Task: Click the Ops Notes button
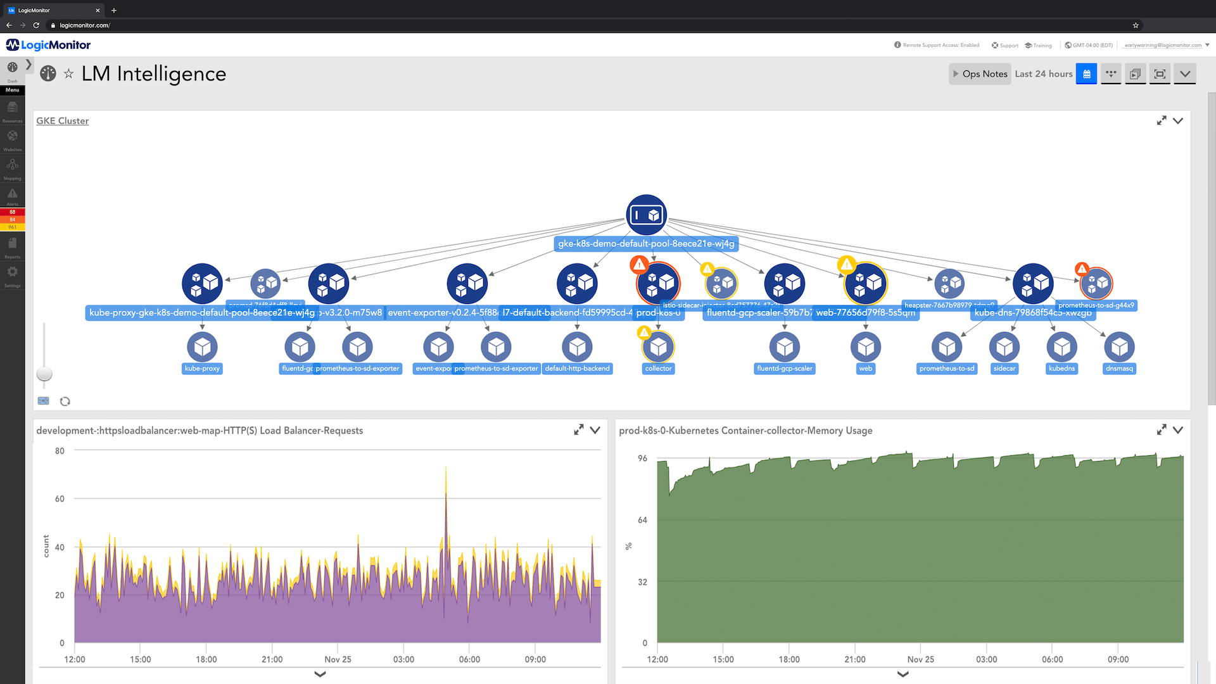(980, 74)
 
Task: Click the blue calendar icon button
(1086, 74)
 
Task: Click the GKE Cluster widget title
(62, 121)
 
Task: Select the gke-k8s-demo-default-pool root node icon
(646, 215)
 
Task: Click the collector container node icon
(658, 347)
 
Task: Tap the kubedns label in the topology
(1061, 369)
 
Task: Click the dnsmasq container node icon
(1119, 347)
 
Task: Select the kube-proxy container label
(202, 369)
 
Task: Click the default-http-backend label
(577, 369)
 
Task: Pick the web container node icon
(866, 347)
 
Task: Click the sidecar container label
(1004, 369)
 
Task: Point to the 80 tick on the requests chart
(60, 451)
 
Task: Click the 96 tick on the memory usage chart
(642, 459)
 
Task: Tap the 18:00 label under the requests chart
(206, 659)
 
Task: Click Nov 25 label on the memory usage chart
(920, 659)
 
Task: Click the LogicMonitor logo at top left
(48, 45)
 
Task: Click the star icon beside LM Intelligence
(68, 74)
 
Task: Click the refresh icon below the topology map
(65, 402)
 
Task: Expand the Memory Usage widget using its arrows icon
(1161, 430)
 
